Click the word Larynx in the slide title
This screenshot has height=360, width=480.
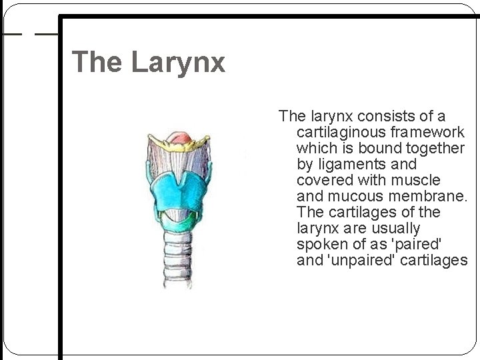(x=178, y=63)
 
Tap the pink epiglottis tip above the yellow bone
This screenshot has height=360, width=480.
(x=179, y=137)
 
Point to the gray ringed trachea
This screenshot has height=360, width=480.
(x=179, y=263)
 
